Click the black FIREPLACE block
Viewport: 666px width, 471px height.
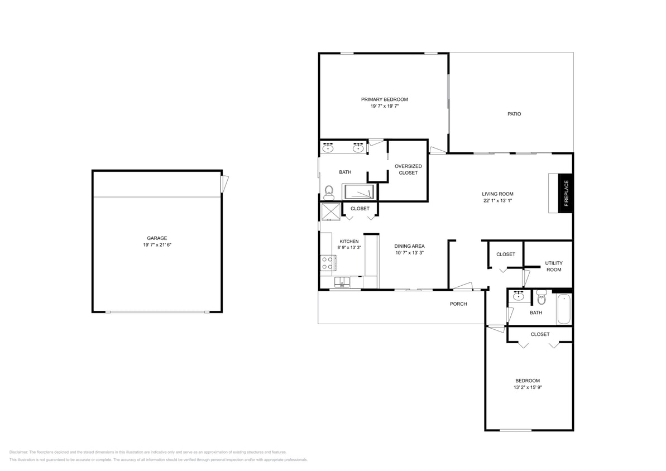point(566,193)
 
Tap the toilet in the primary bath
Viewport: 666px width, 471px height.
point(328,192)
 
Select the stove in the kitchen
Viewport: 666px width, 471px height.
point(328,262)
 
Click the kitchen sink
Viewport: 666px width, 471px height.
point(342,282)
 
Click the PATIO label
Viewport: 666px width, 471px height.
point(514,114)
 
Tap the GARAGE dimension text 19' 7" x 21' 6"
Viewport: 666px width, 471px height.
point(157,244)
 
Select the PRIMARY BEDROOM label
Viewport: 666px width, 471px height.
point(385,99)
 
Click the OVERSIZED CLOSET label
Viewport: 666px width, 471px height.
point(408,169)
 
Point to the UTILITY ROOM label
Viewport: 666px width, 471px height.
point(553,266)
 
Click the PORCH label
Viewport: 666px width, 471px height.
point(458,304)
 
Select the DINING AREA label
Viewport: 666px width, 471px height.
point(409,246)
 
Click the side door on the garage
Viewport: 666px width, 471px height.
point(225,184)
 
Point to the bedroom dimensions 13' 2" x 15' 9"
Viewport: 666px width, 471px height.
point(528,387)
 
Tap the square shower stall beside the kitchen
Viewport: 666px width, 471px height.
point(329,212)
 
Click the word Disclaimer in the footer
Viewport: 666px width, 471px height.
point(19,452)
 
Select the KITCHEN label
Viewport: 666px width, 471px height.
point(349,241)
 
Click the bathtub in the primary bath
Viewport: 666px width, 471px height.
point(358,192)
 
